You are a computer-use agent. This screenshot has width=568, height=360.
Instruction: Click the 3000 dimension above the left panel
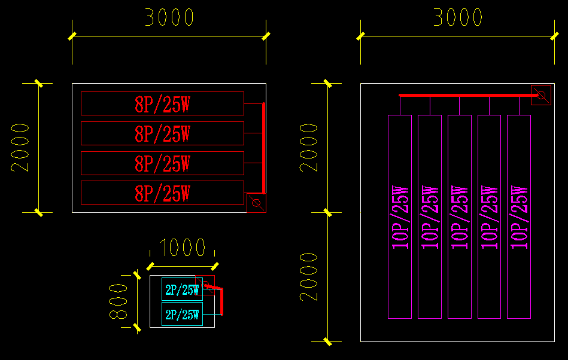pos(169,18)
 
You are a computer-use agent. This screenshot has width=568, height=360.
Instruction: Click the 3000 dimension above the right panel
pos(458,18)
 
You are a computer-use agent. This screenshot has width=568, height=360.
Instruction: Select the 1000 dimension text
pos(183,247)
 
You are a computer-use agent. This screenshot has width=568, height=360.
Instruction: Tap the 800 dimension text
pos(120,301)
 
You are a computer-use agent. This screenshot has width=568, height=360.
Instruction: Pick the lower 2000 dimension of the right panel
pos(309,277)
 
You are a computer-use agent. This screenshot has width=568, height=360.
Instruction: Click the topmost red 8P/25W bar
pos(162,103)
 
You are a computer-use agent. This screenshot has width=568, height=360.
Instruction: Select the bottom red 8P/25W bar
pos(162,193)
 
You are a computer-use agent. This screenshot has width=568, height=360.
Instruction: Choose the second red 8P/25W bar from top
pos(162,133)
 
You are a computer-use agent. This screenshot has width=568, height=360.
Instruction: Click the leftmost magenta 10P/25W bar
pos(400,216)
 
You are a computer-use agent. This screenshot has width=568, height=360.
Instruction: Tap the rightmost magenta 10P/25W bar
pos(519,216)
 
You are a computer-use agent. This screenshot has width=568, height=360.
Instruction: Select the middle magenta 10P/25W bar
pos(460,216)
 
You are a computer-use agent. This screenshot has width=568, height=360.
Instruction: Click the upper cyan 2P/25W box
pos(182,290)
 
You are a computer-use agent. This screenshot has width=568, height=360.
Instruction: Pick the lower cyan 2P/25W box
pos(182,314)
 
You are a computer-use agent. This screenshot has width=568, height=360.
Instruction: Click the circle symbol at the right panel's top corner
pos(541,95)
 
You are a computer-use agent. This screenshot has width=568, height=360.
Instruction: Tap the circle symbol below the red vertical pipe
pos(256,203)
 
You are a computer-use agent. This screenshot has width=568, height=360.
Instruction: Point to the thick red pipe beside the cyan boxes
pos(222,302)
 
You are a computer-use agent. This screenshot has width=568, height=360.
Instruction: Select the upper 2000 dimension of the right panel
pos(309,148)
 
